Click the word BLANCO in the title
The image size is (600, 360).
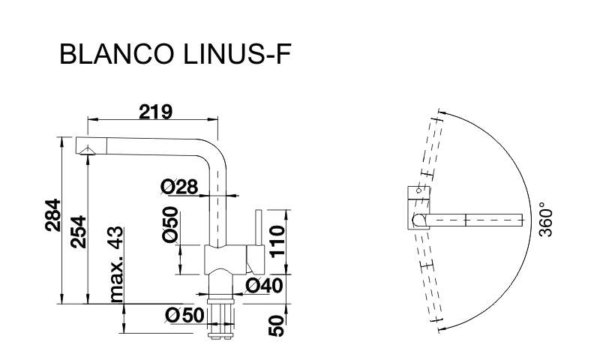pyautogui.click(x=115, y=53)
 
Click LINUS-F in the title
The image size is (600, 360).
pyautogui.click(x=237, y=53)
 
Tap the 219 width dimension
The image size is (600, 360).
pyautogui.click(x=156, y=112)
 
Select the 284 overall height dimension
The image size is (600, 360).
pyautogui.click(x=52, y=215)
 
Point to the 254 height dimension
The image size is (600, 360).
pyautogui.click(x=79, y=232)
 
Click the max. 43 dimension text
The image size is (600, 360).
pyautogui.click(x=116, y=264)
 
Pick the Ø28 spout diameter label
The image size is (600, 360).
pyautogui.click(x=179, y=187)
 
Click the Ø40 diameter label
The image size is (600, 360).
pyautogui.click(x=264, y=286)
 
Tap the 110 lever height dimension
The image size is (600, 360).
pyautogui.click(x=277, y=241)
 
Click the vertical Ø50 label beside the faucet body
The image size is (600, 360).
pyautogui.click(x=170, y=224)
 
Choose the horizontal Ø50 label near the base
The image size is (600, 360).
pyautogui.click(x=184, y=316)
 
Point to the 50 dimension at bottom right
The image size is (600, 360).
pyautogui.click(x=276, y=325)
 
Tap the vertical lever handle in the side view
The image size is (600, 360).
pyautogui.click(x=259, y=228)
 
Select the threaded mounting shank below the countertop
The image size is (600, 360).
pyautogui.click(x=220, y=317)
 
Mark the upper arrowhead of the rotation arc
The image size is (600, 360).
pyautogui.click(x=442, y=112)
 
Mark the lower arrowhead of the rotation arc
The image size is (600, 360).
pyautogui.click(x=442, y=328)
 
